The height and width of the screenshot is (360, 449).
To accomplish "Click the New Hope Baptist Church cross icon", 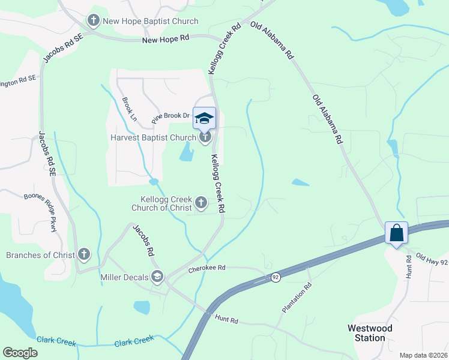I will pos(93,22).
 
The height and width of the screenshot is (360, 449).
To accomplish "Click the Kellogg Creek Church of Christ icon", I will pos(201,204).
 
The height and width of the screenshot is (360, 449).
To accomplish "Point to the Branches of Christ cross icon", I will pos(83,255).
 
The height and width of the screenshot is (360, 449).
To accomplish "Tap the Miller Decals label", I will pos(126,276).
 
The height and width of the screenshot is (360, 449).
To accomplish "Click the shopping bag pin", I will pos(397,232).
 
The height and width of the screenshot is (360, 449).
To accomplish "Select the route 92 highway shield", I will pos(276,277).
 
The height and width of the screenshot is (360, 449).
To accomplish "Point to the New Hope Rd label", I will pos(166,40).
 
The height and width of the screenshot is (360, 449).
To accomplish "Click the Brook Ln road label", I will pos(129,109).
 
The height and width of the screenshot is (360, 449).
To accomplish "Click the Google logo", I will pos(20,352).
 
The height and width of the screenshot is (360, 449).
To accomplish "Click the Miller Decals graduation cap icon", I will pos(157,276).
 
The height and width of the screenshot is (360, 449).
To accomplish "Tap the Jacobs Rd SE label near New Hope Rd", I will pos(62,47).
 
